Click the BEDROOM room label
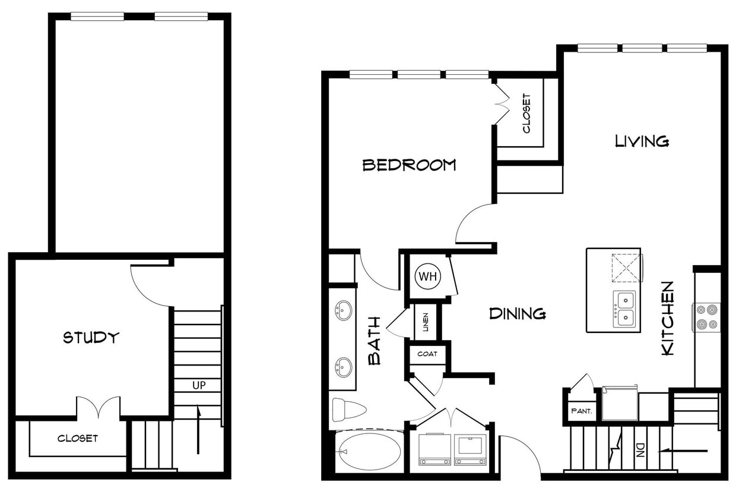(409, 165)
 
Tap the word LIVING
(642, 141)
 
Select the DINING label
(517, 313)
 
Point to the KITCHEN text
(668, 319)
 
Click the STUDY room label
(91, 338)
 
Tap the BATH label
(375, 349)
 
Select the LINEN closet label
(426, 322)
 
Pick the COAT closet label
(427, 354)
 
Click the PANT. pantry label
(579, 410)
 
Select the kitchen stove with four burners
(707, 317)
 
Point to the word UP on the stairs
(199, 385)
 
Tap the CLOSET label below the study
(78, 439)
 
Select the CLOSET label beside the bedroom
(526, 113)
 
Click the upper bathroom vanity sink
(343, 310)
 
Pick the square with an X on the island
(626, 267)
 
